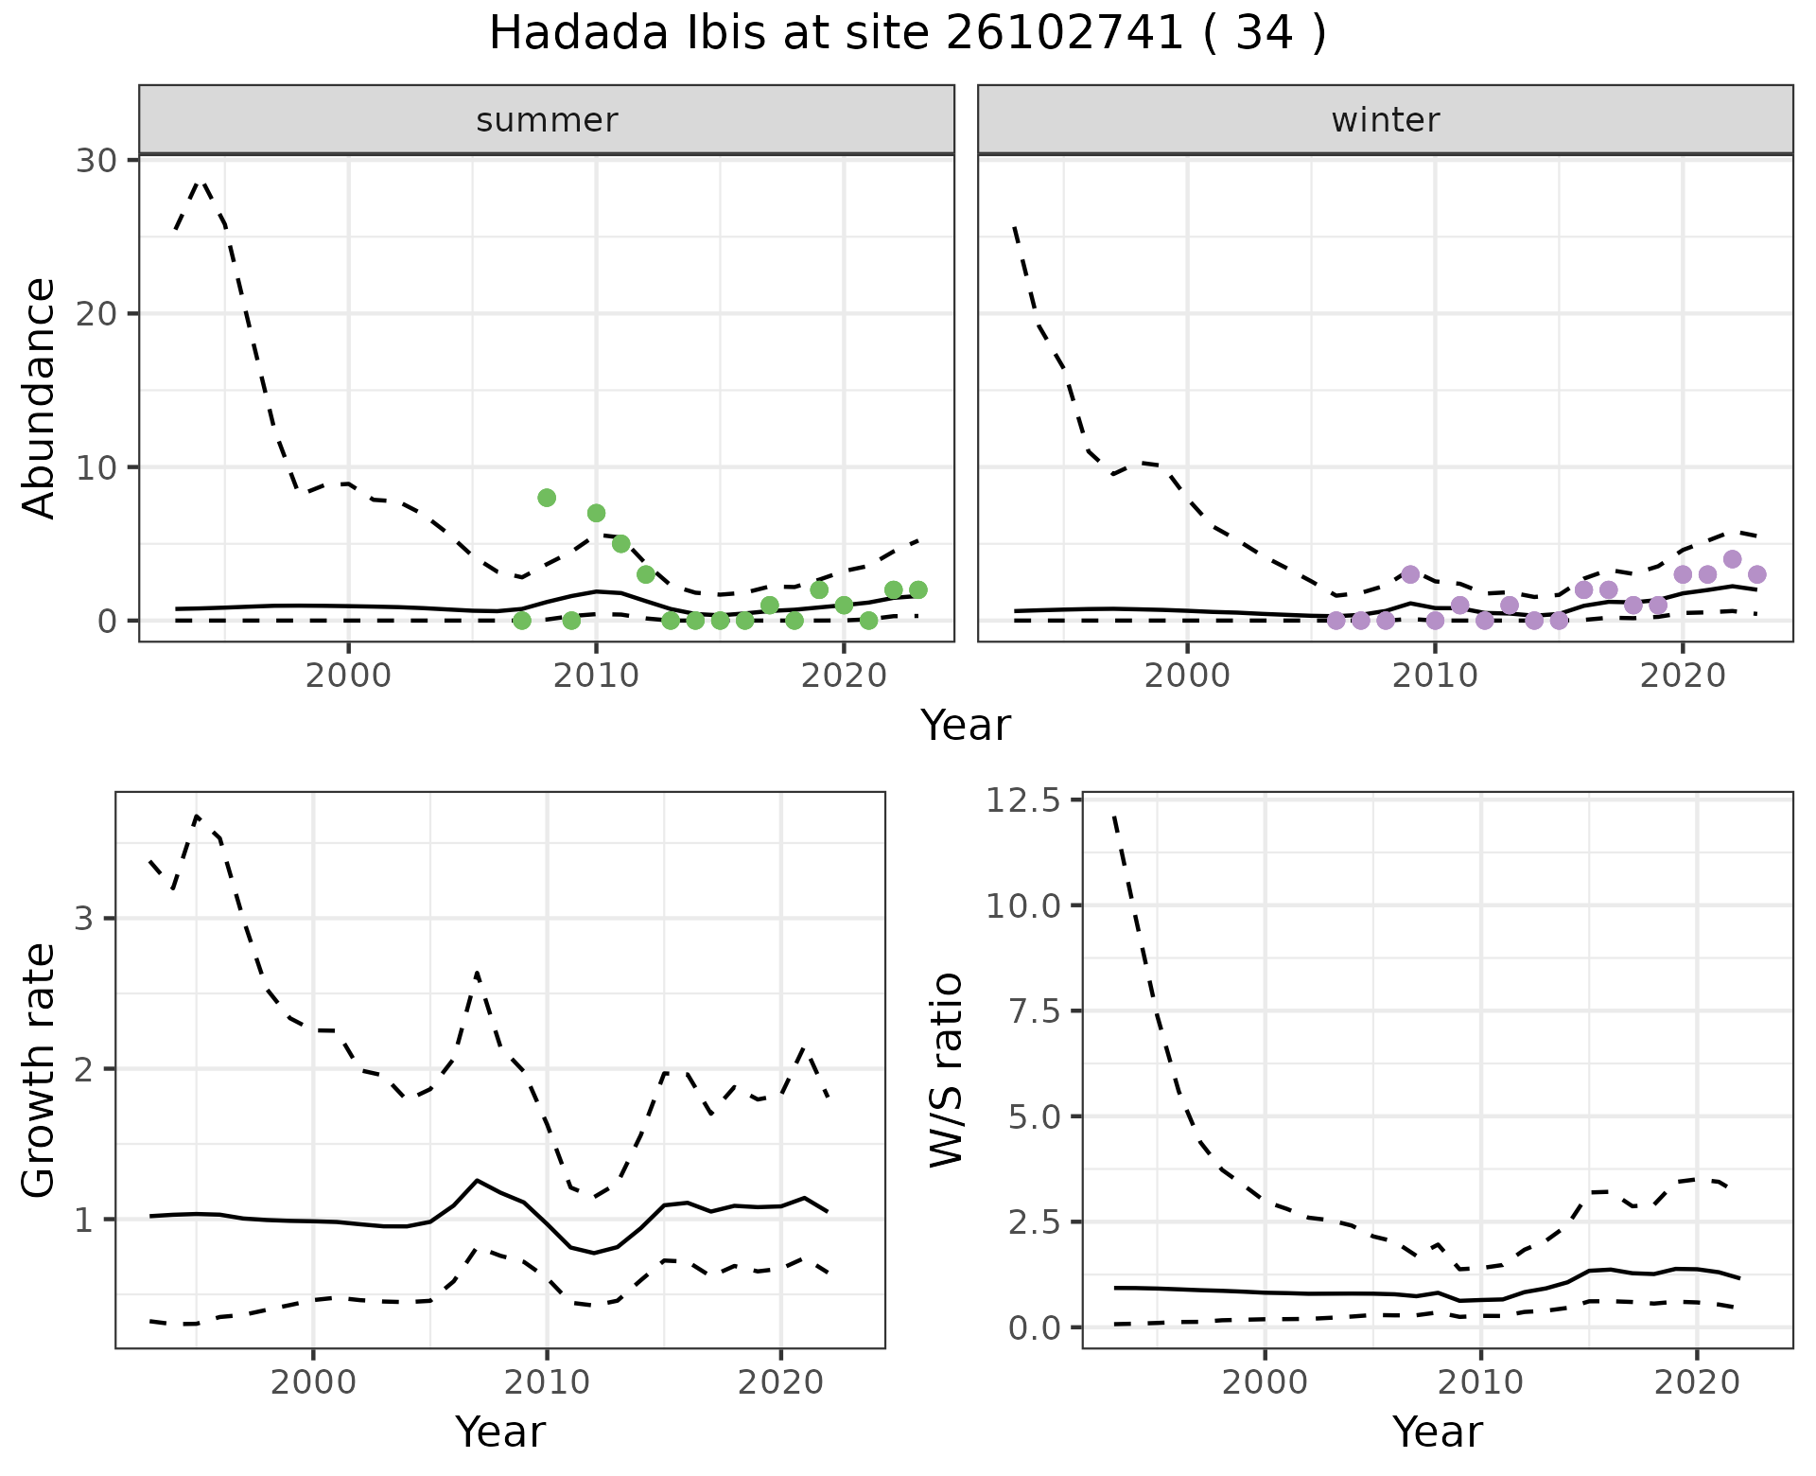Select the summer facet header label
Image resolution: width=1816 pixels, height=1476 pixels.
(x=547, y=120)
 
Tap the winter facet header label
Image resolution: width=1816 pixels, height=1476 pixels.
(x=1385, y=120)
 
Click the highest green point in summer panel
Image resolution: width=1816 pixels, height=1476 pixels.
(x=547, y=498)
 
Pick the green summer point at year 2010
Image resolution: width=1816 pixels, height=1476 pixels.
(x=596, y=513)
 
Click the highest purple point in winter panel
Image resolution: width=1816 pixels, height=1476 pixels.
(x=1732, y=559)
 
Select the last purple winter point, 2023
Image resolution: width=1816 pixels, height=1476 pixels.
(x=1756, y=574)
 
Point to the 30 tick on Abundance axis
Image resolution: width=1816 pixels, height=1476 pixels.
(x=96, y=160)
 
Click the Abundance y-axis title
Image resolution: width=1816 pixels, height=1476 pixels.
(x=40, y=397)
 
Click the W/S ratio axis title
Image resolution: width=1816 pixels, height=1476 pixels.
(x=946, y=1069)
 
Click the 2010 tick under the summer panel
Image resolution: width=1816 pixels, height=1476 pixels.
(x=596, y=676)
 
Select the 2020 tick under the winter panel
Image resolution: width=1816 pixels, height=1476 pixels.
(x=1682, y=676)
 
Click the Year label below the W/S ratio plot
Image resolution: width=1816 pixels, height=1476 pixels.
(x=1437, y=1432)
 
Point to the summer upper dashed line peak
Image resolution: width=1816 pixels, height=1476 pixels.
(x=200, y=181)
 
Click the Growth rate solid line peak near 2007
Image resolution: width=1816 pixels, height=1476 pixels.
(x=478, y=1180)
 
